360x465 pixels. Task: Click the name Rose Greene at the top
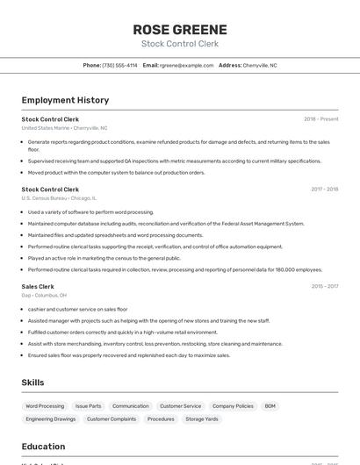pos(179,29)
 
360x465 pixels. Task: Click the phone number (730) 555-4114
pos(119,65)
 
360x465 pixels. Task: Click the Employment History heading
pos(65,100)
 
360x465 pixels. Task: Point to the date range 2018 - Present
pos(320,119)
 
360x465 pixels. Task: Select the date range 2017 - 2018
pos(324,190)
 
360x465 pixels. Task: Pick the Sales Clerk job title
pos(38,286)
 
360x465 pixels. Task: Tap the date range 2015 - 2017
pos(324,286)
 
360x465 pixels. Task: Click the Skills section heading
pos(33,383)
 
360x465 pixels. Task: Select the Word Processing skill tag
pos(45,406)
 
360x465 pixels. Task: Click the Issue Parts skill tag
pos(88,406)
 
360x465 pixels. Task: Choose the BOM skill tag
pos(270,406)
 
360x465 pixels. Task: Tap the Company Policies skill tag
pos(233,406)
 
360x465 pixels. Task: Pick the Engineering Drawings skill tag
pos(51,419)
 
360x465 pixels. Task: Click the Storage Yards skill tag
pos(201,419)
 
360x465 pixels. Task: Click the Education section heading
pos(43,447)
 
